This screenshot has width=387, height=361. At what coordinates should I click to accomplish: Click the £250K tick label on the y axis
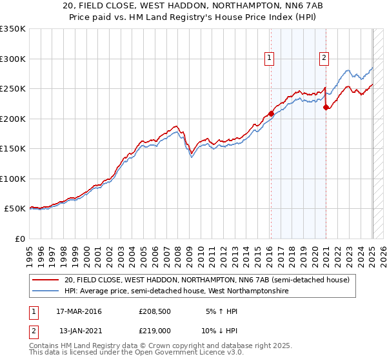[x=12, y=89]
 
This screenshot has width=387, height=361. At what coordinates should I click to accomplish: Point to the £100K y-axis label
[x=12, y=179]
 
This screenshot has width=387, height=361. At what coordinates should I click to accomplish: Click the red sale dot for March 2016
[x=271, y=114]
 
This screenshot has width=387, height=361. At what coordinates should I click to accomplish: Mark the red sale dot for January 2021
[x=326, y=108]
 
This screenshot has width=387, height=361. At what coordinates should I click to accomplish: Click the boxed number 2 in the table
[x=32, y=331]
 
